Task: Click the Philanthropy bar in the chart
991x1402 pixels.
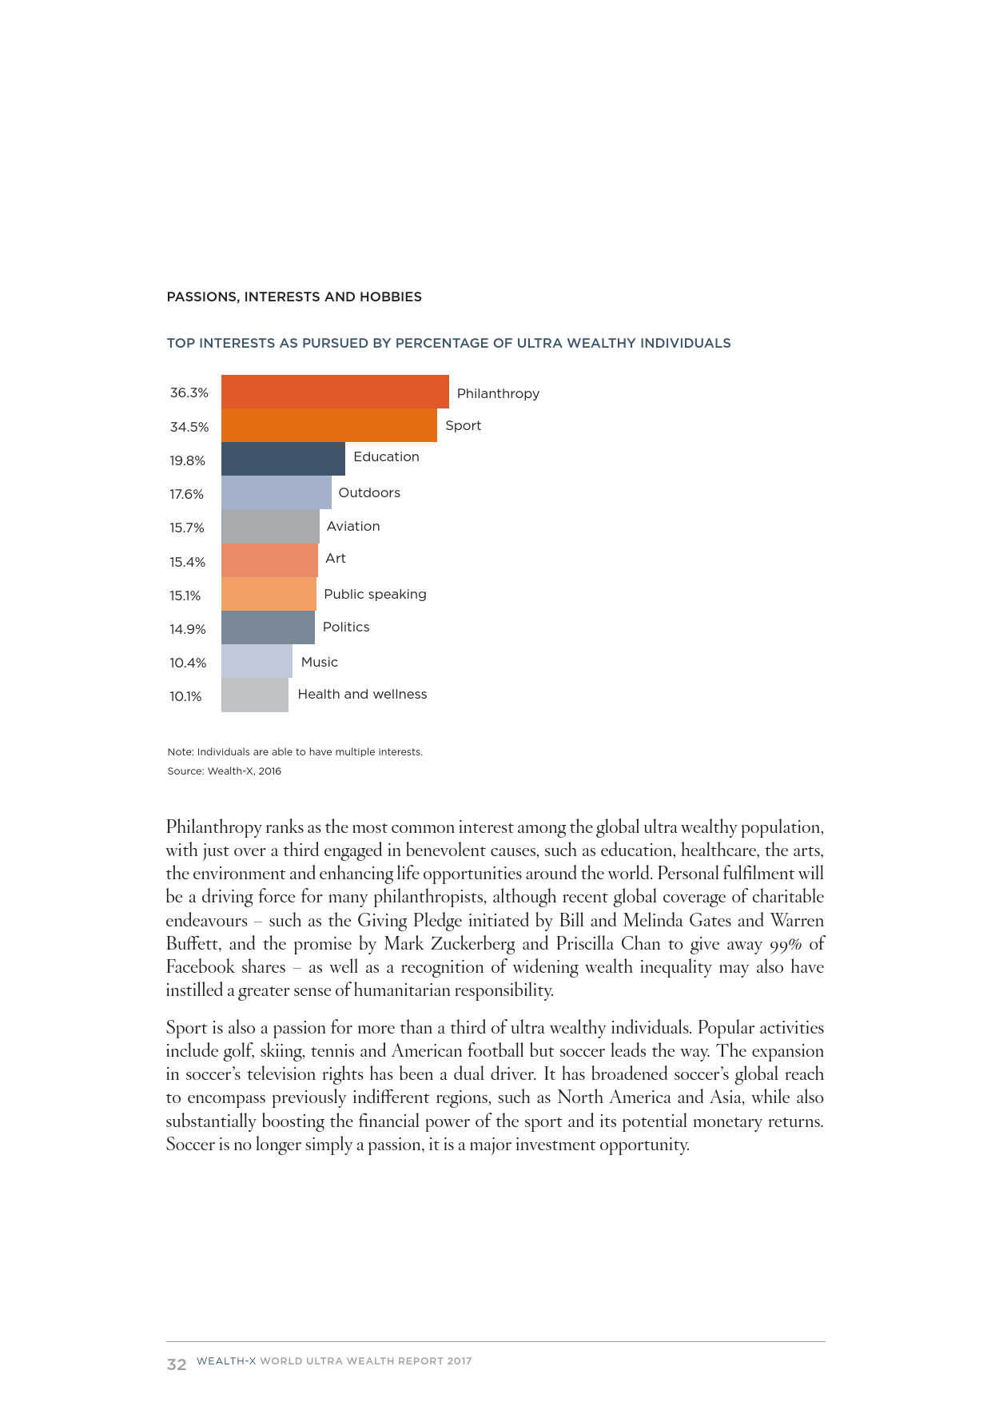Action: (335, 392)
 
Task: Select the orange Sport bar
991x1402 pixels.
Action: (328, 425)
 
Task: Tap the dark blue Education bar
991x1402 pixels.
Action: (283, 459)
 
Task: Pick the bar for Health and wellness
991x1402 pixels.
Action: (254, 695)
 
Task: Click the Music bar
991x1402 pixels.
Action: (257, 661)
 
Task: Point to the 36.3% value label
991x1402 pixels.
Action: (189, 392)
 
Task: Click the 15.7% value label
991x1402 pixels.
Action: (187, 528)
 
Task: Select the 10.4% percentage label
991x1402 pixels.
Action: (188, 663)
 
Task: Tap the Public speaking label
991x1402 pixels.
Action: (375, 594)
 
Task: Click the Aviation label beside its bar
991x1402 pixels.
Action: (353, 526)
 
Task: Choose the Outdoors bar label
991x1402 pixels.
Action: (369, 492)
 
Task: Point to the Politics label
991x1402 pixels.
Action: (346, 627)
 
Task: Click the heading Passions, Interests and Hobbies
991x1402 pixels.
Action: (294, 297)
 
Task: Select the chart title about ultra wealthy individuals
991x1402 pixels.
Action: (448, 343)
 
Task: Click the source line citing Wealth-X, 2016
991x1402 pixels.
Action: (224, 771)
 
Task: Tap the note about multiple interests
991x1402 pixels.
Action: (295, 752)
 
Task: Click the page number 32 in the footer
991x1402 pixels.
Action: (176, 1364)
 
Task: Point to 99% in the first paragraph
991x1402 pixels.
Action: (786, 944)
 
